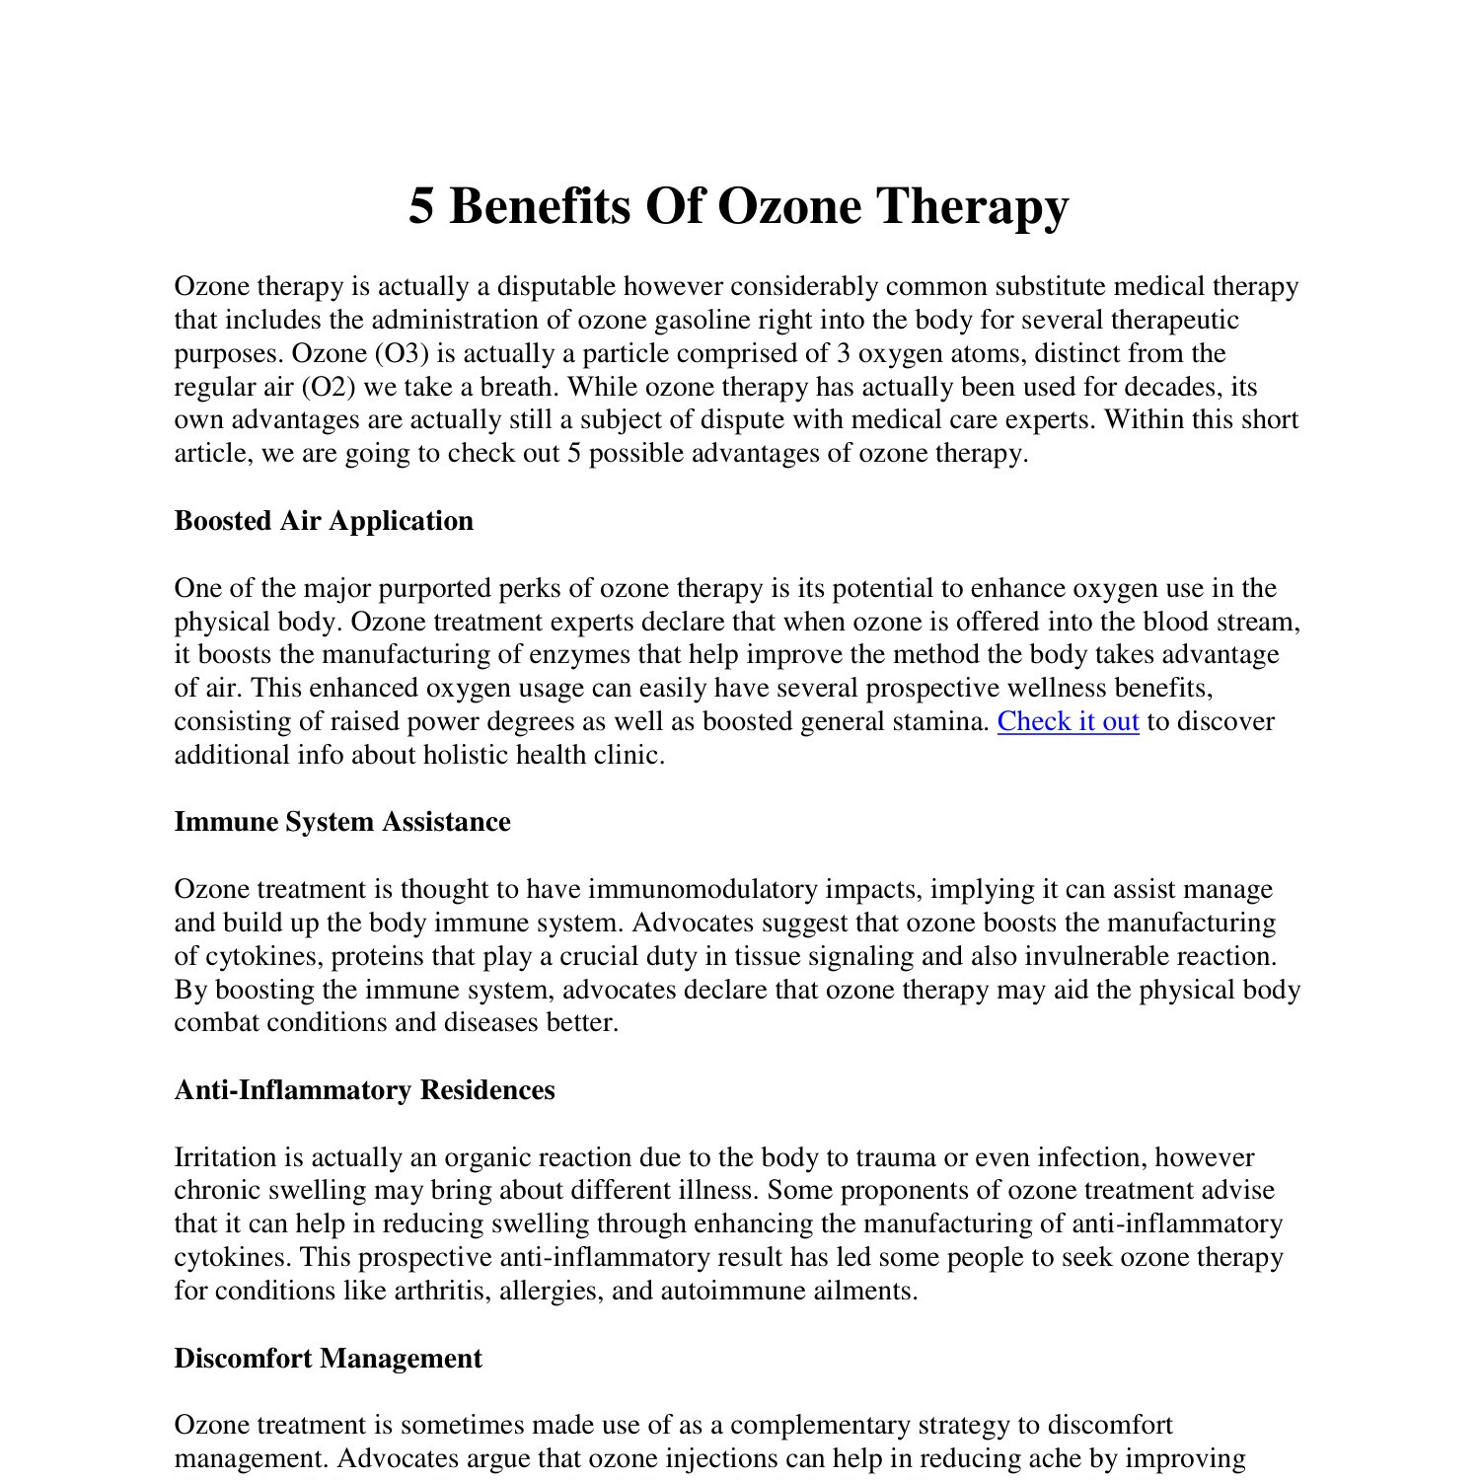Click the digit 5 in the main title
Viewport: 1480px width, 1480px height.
(x=421, y=207)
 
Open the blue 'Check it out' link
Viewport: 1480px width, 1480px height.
(x=1068, y=722)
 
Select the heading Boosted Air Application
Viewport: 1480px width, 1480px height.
(x=324, y=521)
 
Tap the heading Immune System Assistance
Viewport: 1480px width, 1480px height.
(x=342, y=822)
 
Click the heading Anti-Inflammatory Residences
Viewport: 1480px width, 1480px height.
(x=364, y=1090)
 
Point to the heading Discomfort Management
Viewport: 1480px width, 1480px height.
(x=328, y=1359)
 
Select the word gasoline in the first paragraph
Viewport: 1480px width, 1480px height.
(x=702, y=321)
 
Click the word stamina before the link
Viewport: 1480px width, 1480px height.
(x=944, y=722)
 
